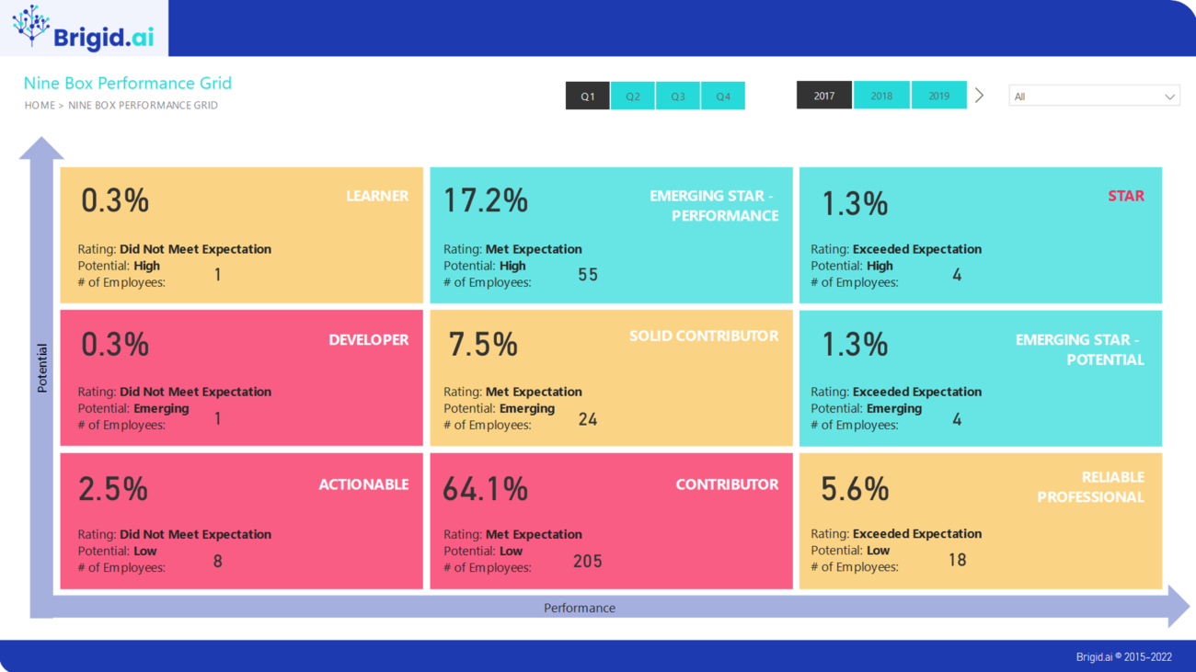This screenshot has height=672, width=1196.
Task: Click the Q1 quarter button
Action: pyautogui.click(x=588, y=97)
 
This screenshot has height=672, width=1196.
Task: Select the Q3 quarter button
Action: pyautogui.click(x=678, y=97)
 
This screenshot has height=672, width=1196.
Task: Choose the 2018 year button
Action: pyautogui.click(x=881, y=96)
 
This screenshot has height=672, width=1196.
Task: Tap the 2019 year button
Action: pyautogui.click(x=938, y=96)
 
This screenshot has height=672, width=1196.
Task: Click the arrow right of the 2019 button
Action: pyautogui.click(x=980, y=96)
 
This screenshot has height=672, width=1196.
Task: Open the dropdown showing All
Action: pyautogui.click(x=1094, y=97)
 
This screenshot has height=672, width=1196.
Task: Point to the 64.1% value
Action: pyautogui.click(x=485, y=489)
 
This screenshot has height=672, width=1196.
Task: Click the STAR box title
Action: pyautogui.click(x=1126, y=196)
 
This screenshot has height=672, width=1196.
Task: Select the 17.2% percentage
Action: pyautogui.click(x=486, y=200)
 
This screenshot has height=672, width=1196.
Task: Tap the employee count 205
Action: pyautogui.click(x=588, y=561)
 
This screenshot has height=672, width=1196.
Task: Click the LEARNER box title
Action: pyautogui.click(x=377, y=196)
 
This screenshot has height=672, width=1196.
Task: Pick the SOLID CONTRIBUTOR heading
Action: pyautogui.click(x=704, y=336)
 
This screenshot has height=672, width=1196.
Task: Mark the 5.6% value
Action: pyautogui.click(x=855, y=489)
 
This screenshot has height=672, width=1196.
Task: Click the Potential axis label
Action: pyautogui.click(x=42, y=369)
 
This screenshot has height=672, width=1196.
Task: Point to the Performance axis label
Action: pyautogui.click(x=580, y=608)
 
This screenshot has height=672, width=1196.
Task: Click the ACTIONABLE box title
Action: pyautogui.click(x=363, y=484)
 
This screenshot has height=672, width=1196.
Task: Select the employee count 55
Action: pyautogui.click(x=588, y=275)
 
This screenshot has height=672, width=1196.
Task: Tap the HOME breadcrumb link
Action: pyautogui.click(x=40, y=106)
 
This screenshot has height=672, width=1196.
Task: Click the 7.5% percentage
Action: pyautogui.click(x=483, y=344)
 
